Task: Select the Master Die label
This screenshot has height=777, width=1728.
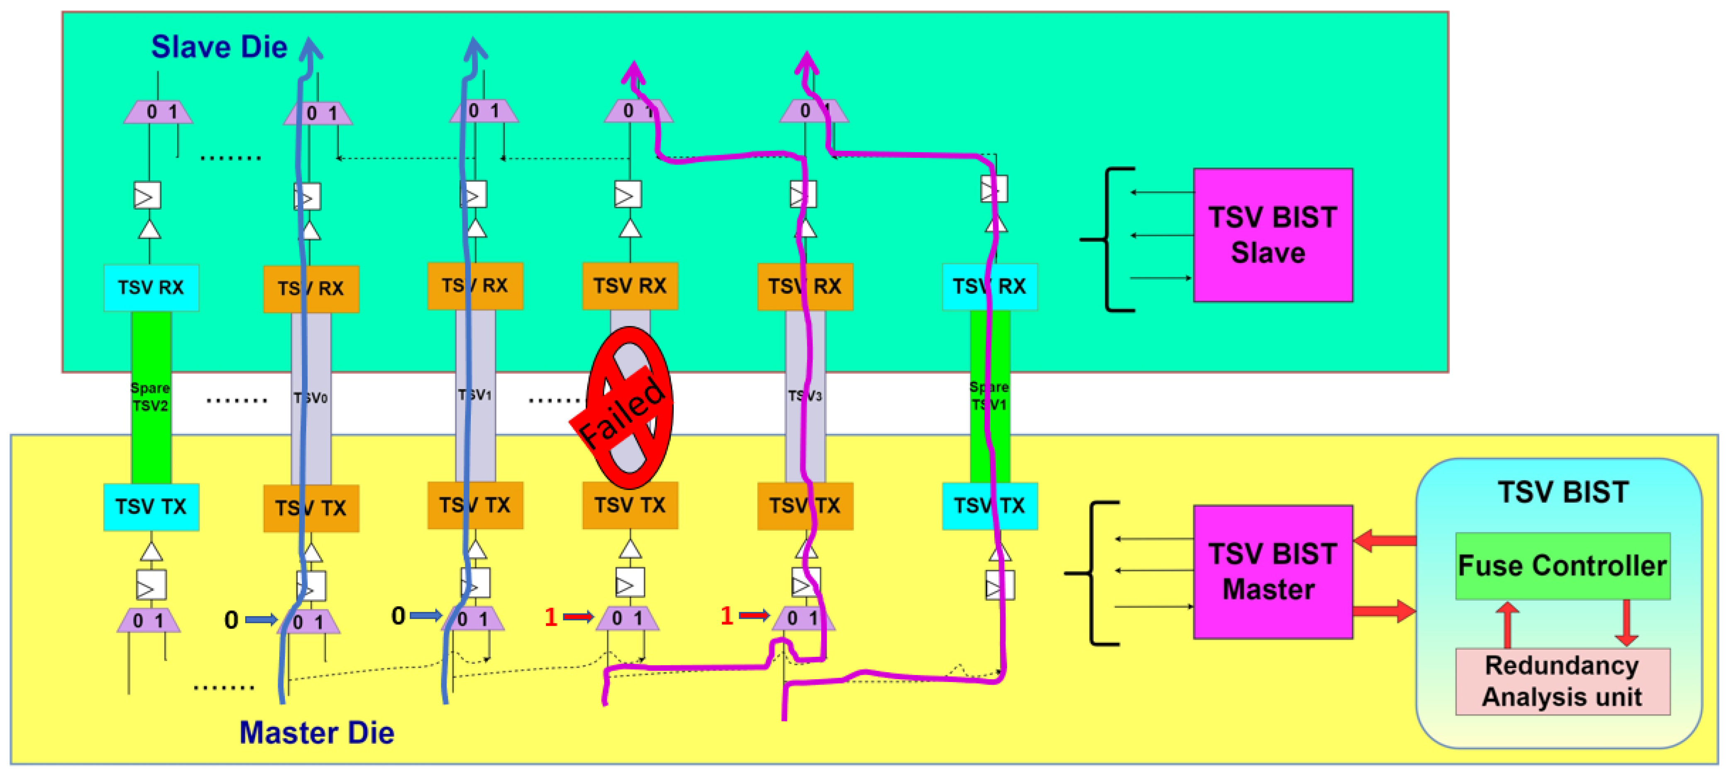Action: pyautogui.click(x=316, y=732)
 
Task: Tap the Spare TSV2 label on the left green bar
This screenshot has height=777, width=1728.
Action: pyautogui.click(x=150, y=397)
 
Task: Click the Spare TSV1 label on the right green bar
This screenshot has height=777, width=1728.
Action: pyautogui.click(x=989, y=395)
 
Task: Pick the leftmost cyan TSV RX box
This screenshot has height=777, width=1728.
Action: pyautogui.click(x=151, y=288)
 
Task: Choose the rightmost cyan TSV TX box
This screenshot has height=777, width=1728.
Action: pyautogui.click(x=989, y=506)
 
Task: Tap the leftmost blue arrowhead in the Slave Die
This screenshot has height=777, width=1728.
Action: pyautogui.click(x=310, y=48)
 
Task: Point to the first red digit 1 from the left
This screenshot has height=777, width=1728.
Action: pyautogui.click(x=551, y=617)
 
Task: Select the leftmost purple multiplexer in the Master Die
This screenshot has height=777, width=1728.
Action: pyautogui.click(x=148, y=621)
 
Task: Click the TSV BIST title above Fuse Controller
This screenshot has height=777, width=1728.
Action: pyautogui.click(x=1563, y=492)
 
